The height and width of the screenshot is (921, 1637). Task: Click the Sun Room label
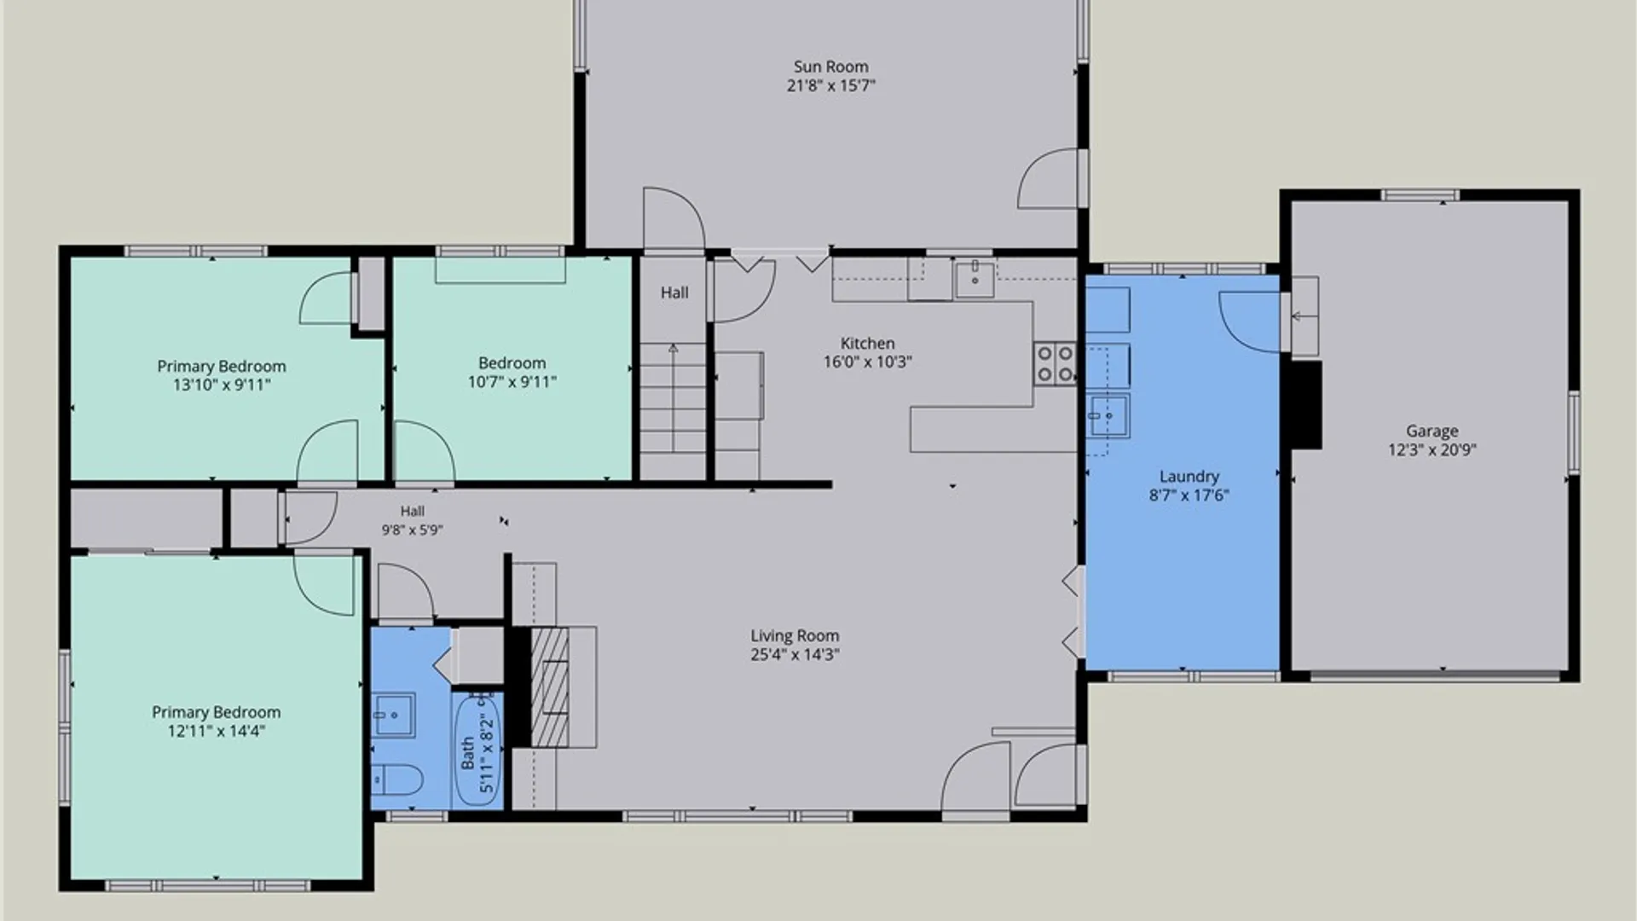click(830, 67)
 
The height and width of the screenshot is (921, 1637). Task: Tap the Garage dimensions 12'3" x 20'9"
click(1432, 450)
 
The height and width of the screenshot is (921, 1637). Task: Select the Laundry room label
click(1189, 477)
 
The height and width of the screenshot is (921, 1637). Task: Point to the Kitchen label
click(867, 344)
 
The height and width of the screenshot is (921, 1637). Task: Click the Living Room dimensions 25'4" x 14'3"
click(795, 655)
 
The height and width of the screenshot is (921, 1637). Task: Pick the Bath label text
click(467, 754)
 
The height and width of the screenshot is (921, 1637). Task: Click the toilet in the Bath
click(397, 779)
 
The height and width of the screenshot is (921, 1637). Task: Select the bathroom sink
click(393, 715)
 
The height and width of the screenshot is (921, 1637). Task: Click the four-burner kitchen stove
click(1055, 363)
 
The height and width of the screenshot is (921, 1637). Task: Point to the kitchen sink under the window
click(975, 279)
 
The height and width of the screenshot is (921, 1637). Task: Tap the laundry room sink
click(1108, 416)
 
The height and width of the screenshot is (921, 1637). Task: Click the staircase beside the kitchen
click(674, 397)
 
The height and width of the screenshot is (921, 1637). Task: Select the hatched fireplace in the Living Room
click(550, 687)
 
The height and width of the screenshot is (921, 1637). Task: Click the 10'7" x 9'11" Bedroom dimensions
click(512, 382)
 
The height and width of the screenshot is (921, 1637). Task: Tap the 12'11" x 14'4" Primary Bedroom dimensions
click(217, 731)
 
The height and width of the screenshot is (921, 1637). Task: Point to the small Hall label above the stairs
click(674, 293)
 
